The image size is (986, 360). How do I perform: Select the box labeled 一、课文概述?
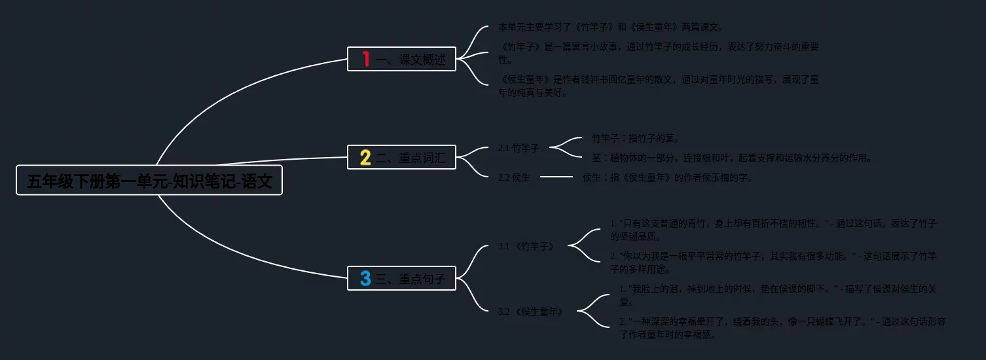pos(401,59)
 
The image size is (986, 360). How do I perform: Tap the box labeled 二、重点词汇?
pos(401,157)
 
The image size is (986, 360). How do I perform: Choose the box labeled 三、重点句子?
pos(401,279)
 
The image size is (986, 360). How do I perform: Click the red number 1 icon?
pos(366,59)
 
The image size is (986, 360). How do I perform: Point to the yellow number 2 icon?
pos(365,157)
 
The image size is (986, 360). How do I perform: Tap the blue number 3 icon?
pos(365,279)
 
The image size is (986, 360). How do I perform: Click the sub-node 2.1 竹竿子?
pos(519,148)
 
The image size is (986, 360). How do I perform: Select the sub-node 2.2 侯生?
pos(514,177)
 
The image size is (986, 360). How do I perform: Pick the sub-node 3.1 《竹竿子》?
pos(526,247)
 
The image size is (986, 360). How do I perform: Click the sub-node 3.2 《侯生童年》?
pos(531,312)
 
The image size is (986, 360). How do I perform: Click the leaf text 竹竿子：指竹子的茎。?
pos(636,138)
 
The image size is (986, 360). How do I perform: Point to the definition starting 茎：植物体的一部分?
pos(732,158)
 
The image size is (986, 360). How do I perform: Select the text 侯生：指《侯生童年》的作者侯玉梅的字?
pos(668,177)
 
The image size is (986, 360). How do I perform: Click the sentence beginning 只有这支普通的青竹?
pos(773,230)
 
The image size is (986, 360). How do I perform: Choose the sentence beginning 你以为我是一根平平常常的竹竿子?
pos(773,262)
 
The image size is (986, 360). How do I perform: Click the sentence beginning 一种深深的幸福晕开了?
pos(782,328)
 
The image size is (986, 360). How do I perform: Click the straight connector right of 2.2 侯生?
pos(557,177)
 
